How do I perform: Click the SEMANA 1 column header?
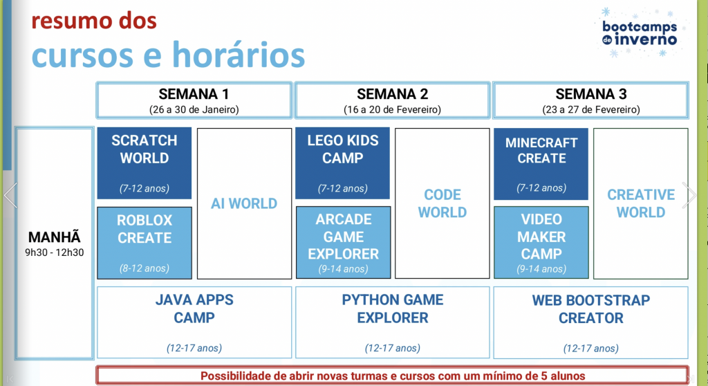(x=194, y=100)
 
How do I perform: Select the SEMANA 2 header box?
(x=393, y=100)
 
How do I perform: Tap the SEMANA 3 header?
(x=590, y=100)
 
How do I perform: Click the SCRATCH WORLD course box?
(x=145, y=163)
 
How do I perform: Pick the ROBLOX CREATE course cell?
(x=145, y=243)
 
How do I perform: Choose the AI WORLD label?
(x=244, y=203)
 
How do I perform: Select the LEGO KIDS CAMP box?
(x=343, y=163)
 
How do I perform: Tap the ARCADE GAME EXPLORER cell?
(x=343, y=242)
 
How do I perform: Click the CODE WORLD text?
(x=442, y=203)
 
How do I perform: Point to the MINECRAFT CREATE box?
(x=541, y=164)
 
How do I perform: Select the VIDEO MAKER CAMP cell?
(x=541, y=242)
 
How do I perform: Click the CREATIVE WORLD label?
(x=641, y=203)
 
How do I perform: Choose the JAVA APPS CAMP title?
(x=194, y=309)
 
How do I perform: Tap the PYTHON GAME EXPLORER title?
(x=393, y=309)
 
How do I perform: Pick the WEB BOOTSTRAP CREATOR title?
(x=590, y=309)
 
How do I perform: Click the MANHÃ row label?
(x=54, y=237)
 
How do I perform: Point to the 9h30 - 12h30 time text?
(x=54, y=252)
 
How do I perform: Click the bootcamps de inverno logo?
(x=640, y=33)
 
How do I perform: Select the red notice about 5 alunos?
(x=393, y=376)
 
